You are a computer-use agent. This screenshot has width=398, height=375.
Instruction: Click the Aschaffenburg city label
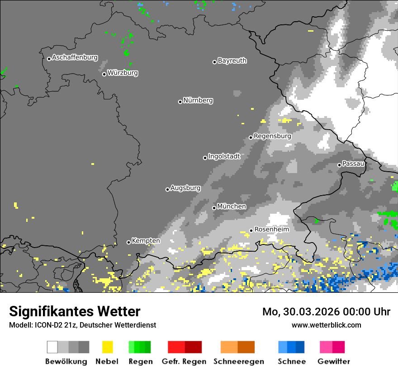[x=75, y=58]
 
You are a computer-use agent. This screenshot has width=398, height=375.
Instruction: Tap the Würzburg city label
[x=123, y=73]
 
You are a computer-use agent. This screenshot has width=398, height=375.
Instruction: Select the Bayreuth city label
[x=232, y=61]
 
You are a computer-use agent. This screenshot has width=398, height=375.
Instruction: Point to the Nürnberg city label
[x=198, y=101]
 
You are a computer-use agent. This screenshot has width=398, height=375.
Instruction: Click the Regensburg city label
[x=272, y=136]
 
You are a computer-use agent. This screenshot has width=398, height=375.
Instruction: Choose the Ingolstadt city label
[x=224, y=156]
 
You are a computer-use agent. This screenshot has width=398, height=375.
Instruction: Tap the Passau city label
[x=353, y=164]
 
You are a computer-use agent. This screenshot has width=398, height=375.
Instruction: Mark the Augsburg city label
[x=185, y=188]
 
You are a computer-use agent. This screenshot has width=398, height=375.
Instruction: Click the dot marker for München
[x=214, y=208]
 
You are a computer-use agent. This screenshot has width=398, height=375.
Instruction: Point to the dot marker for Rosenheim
[x=251, y=230]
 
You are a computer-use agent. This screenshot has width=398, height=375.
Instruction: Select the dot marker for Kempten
[x=128, y=242]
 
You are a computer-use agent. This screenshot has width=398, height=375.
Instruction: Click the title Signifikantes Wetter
[x=75, y=311]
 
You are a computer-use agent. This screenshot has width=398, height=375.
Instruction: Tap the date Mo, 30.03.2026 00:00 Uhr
[x=326, y=312]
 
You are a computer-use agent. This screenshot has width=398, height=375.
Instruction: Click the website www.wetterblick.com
[x=326, y=325]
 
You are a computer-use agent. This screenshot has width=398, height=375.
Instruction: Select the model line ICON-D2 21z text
[x=82, y=325]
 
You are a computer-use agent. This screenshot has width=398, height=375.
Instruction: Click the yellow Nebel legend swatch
[x=107, y=347]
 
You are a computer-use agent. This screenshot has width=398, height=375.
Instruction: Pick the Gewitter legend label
[x=333, y=361]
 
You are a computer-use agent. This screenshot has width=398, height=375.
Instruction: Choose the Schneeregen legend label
[x=239, y=361]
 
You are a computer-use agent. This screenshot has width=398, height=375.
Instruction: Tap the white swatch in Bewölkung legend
[x=52, y=347]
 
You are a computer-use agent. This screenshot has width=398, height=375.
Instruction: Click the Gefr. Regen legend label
[x=184, y=361]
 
